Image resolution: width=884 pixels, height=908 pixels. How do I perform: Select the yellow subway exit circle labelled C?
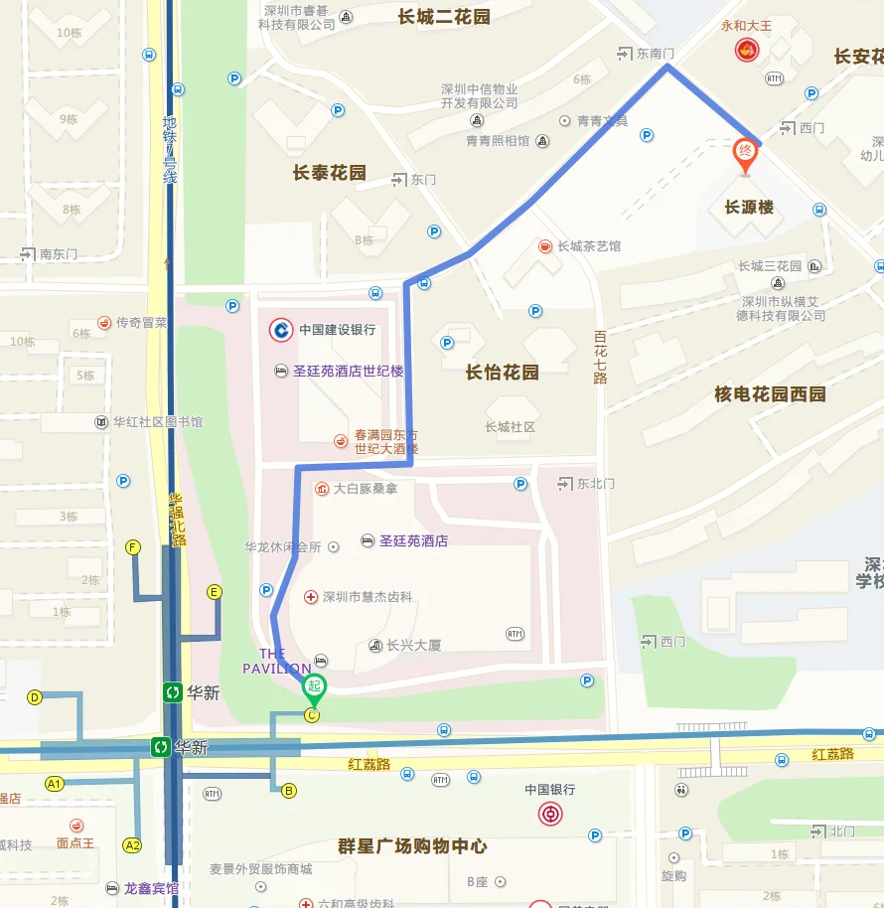pos(312,715)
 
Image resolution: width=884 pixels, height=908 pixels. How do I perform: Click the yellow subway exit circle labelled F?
pos(133,547)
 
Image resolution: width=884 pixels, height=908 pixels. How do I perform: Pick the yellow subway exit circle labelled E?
pos(214,592)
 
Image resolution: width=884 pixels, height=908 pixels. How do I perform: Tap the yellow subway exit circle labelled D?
pos(35,697)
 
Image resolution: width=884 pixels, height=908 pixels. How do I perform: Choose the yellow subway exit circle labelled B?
pos(288,791)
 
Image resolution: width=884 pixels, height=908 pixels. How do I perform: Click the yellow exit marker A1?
pos(55,784)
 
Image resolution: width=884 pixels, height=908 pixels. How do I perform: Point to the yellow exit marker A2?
pos(132,845)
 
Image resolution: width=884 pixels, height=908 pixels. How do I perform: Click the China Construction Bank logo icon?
pos(282,330)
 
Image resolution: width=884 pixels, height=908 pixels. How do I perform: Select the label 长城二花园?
pos(444,17)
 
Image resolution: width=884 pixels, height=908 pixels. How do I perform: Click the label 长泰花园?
pos(329,173)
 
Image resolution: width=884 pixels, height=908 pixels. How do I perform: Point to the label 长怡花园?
pos(502,373)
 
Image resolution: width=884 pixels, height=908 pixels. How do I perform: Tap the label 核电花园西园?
pos(770,394)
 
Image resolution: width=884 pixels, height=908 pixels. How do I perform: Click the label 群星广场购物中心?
pos(412,846)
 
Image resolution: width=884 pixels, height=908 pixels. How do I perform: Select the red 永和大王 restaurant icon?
pos(745,49)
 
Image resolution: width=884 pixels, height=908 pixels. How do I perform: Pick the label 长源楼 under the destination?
pos(748,208)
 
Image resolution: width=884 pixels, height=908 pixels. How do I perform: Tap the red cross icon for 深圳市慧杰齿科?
pos(311,597)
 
